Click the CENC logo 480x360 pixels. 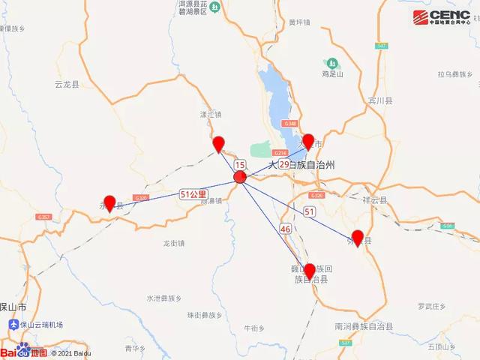(442, 16)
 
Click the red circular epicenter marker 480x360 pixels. (240, 178)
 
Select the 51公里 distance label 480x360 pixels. (193, 193)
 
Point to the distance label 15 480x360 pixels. (239, 164)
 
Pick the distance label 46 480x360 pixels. (284, 228)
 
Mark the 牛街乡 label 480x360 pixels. (254, 328)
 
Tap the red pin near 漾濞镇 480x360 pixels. (218, 144)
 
